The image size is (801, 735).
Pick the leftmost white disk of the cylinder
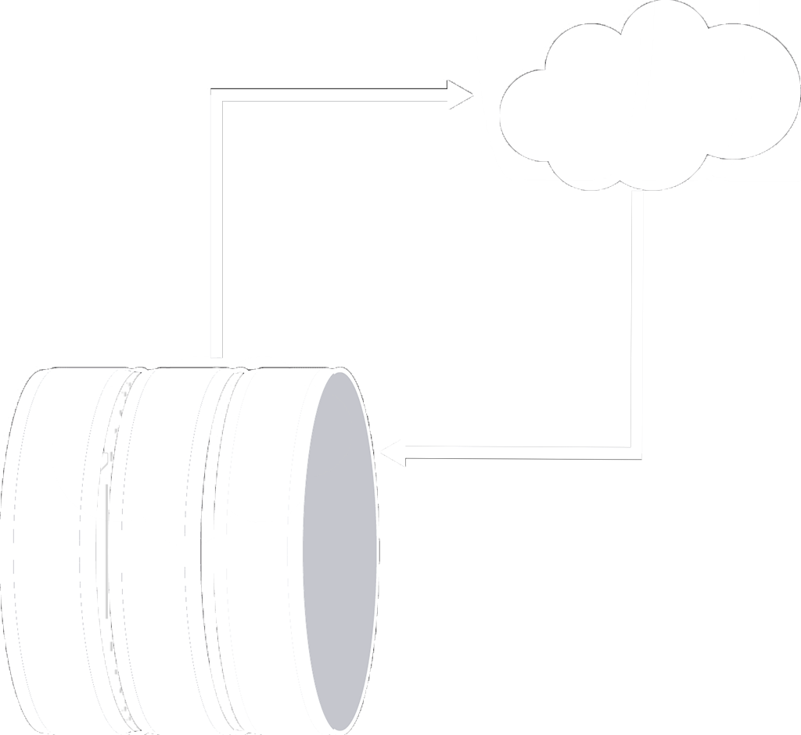(x=55, y=547)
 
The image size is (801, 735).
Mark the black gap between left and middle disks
(x=112, y=547)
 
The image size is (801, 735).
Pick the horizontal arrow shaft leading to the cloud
(x=336, y=95)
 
